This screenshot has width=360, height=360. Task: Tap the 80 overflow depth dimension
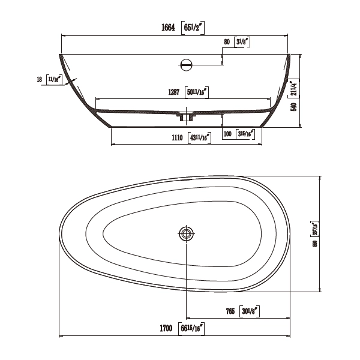226,42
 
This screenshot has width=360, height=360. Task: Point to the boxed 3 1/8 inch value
244,42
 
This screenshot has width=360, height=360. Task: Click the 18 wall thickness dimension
40,79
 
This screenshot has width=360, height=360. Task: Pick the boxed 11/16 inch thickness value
55,79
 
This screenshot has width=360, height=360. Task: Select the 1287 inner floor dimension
173,92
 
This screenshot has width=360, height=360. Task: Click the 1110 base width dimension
176,137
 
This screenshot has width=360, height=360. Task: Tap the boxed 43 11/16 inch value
200,137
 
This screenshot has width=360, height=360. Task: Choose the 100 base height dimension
227,133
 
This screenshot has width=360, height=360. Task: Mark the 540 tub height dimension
294,107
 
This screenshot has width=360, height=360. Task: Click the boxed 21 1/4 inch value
294,88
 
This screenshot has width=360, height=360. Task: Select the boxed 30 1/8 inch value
252,310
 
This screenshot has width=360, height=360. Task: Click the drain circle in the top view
187,233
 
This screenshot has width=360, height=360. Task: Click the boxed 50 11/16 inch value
197,92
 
